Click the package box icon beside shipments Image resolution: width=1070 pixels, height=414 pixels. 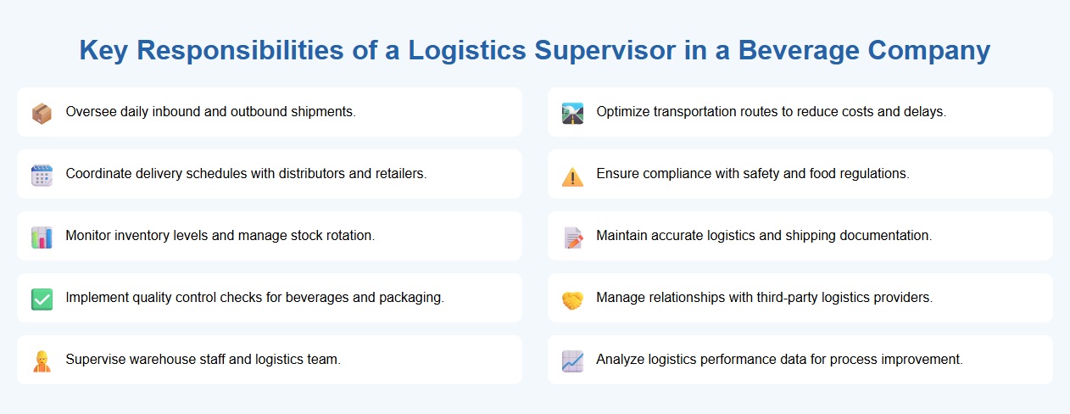point(42,113)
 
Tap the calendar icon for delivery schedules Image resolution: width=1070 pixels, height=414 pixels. point(42,175)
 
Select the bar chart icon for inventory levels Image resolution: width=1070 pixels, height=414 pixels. point(42,237)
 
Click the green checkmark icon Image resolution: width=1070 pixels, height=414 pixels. point(42,299)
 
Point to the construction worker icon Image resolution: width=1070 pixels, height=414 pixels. point(42,361)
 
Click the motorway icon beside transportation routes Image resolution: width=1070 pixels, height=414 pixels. point(572,113)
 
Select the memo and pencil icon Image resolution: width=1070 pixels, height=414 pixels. point(572,237)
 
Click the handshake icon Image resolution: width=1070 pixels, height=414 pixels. point(572,299)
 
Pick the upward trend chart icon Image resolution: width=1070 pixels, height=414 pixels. point(572,361)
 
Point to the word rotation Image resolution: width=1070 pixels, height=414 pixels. point(349,236)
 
